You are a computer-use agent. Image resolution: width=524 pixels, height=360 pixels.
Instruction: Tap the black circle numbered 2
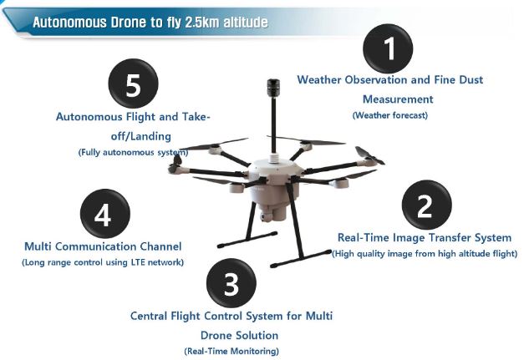pyautogui.click(x=426, y=205)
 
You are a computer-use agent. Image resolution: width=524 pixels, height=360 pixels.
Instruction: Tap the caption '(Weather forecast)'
pyautogui.click(x=389, y=114)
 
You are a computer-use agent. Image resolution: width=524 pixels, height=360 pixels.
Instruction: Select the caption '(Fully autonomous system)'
pyautogui.click(x=133, y=152)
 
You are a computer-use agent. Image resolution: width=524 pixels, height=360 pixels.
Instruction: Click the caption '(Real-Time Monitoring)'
pyautogui.click(x=231, y=351)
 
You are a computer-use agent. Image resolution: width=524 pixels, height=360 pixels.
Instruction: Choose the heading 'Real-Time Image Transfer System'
pyautogui.click(x=424, y=237)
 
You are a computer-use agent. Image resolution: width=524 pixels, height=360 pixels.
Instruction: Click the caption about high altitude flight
pyautogui.click(x=425, y=253)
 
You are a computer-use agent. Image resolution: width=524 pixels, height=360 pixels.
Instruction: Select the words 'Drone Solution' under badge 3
pyautogui.click(x=231, y=334)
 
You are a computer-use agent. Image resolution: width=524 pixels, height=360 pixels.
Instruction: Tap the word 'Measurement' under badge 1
pyautogui.click(x=389, y=99)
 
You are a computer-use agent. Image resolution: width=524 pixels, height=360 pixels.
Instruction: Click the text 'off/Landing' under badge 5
pyautogui.click(x=133, y=135)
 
